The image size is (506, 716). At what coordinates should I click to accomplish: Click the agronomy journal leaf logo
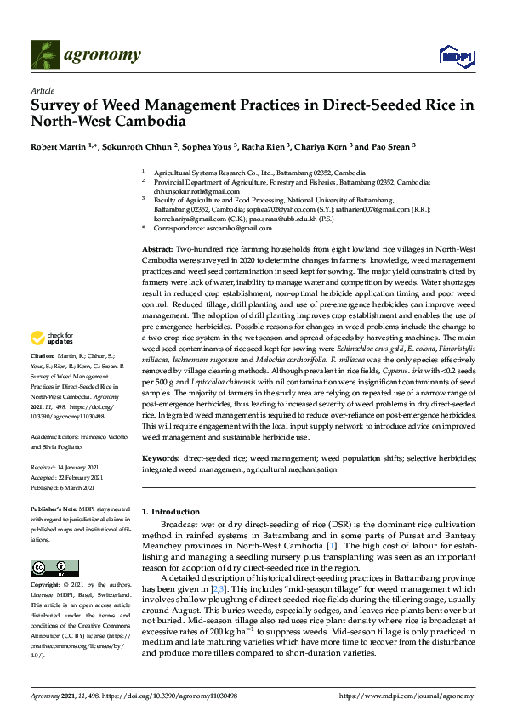coord(45,55)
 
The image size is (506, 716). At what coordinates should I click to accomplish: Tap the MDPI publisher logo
coord(455,56)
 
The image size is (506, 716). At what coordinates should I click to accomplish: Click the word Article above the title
coord(42,90)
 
